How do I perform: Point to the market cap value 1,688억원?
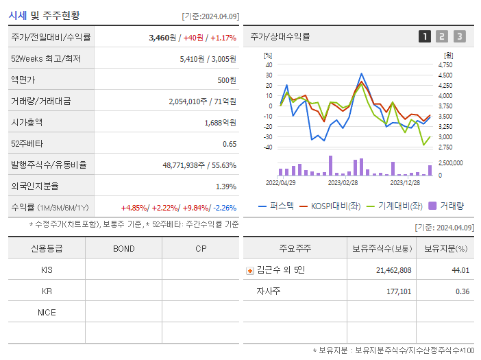(x=220, y=123)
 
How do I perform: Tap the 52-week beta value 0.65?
(x=229, y=144)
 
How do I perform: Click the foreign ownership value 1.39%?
(x=225, y=187)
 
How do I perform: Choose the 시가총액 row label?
(x=27, y=123)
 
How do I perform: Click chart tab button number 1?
(x=425, y=36)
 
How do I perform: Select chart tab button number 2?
(x=442, y=36)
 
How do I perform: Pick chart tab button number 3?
(x=459, y=36)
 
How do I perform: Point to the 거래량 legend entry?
(x=446, y=205)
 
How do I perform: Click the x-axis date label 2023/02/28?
(x=343, y=183)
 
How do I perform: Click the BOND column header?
(x=123, y=248)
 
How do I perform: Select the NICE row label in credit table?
(x=47, y=312)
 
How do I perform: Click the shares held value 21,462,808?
(x=393, y=270)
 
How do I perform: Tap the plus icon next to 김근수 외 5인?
(x=250, y=270)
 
